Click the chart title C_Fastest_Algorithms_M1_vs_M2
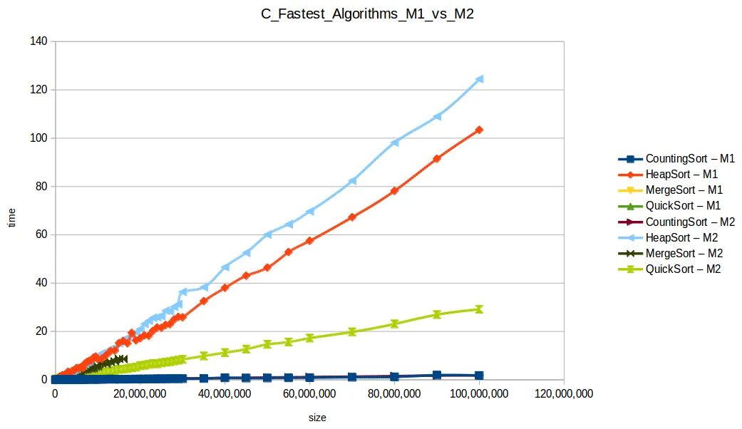(x=367, y=14)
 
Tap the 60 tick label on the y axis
(x=41, y=234)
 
